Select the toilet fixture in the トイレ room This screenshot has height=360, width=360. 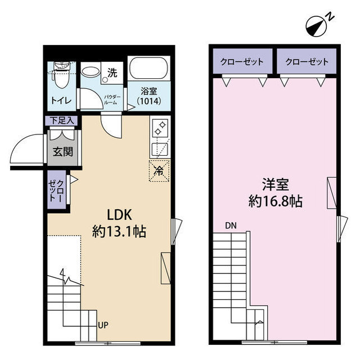click(58, 75)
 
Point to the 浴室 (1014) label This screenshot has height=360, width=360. click(148, 97)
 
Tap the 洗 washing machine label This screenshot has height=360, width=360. click(112, 72)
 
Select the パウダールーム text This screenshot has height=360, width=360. click(110, 100)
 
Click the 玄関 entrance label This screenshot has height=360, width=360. click(61, 151)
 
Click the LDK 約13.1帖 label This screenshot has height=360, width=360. click(119, 222)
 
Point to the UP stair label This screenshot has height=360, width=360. click(104, 326)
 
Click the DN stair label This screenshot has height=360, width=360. click(231, 226)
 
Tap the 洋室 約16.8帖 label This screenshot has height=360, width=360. click(275, 193)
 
